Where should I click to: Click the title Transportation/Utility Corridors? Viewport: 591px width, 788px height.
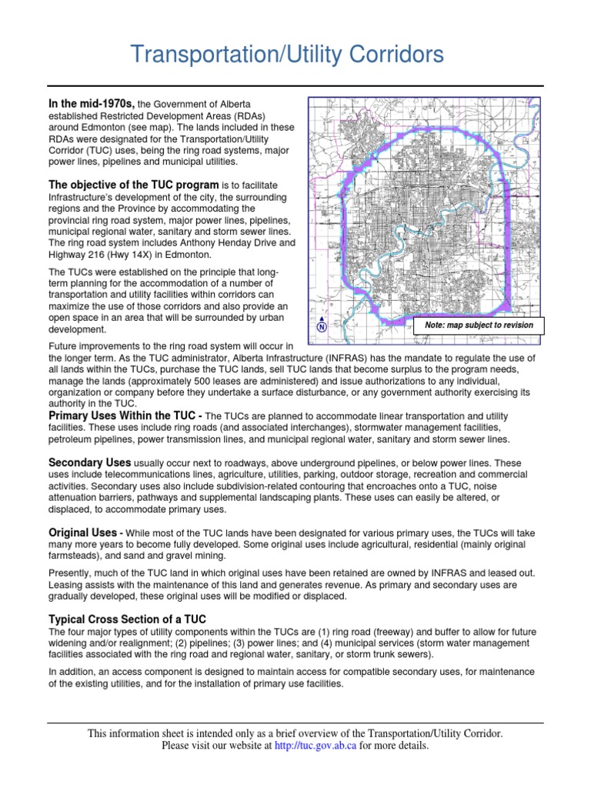pos(286,55)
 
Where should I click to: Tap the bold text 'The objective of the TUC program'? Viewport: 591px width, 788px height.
pos(133,185)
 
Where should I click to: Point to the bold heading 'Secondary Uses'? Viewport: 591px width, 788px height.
pos(89,462)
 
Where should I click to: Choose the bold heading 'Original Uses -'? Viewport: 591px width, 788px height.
pos(85,533)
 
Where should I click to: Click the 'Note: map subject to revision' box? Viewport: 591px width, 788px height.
pos(479,325)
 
